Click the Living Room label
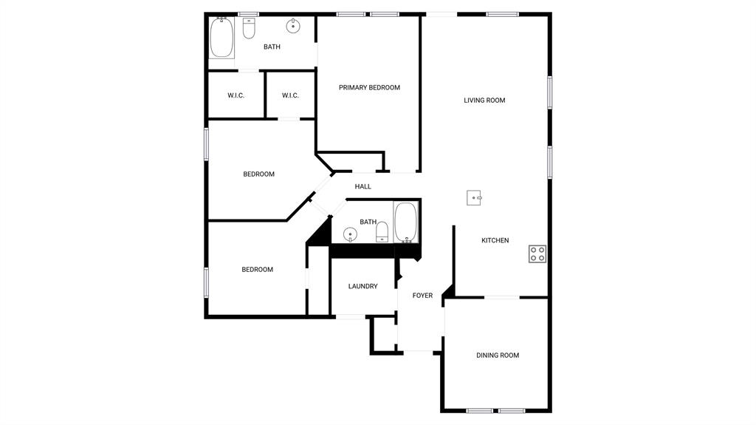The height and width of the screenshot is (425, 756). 484,101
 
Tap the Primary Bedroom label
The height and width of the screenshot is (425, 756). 369,88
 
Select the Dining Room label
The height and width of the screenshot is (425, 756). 498,356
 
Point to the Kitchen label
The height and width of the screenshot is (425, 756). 495,240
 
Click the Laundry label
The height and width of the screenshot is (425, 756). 363,287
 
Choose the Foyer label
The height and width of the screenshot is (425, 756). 422,296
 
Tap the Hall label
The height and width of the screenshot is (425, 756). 363,187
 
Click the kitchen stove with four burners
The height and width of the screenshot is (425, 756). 537,254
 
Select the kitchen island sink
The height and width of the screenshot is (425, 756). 474,197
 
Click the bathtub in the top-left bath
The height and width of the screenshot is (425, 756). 221,38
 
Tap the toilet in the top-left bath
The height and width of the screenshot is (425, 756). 249,29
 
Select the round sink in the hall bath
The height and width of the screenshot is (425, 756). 351,235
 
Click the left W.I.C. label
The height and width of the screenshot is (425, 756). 236,95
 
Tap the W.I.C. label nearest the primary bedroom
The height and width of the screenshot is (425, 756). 290,95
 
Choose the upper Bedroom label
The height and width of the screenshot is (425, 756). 259,174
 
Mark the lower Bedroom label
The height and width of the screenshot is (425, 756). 258,270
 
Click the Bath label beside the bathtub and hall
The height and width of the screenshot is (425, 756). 368,222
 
